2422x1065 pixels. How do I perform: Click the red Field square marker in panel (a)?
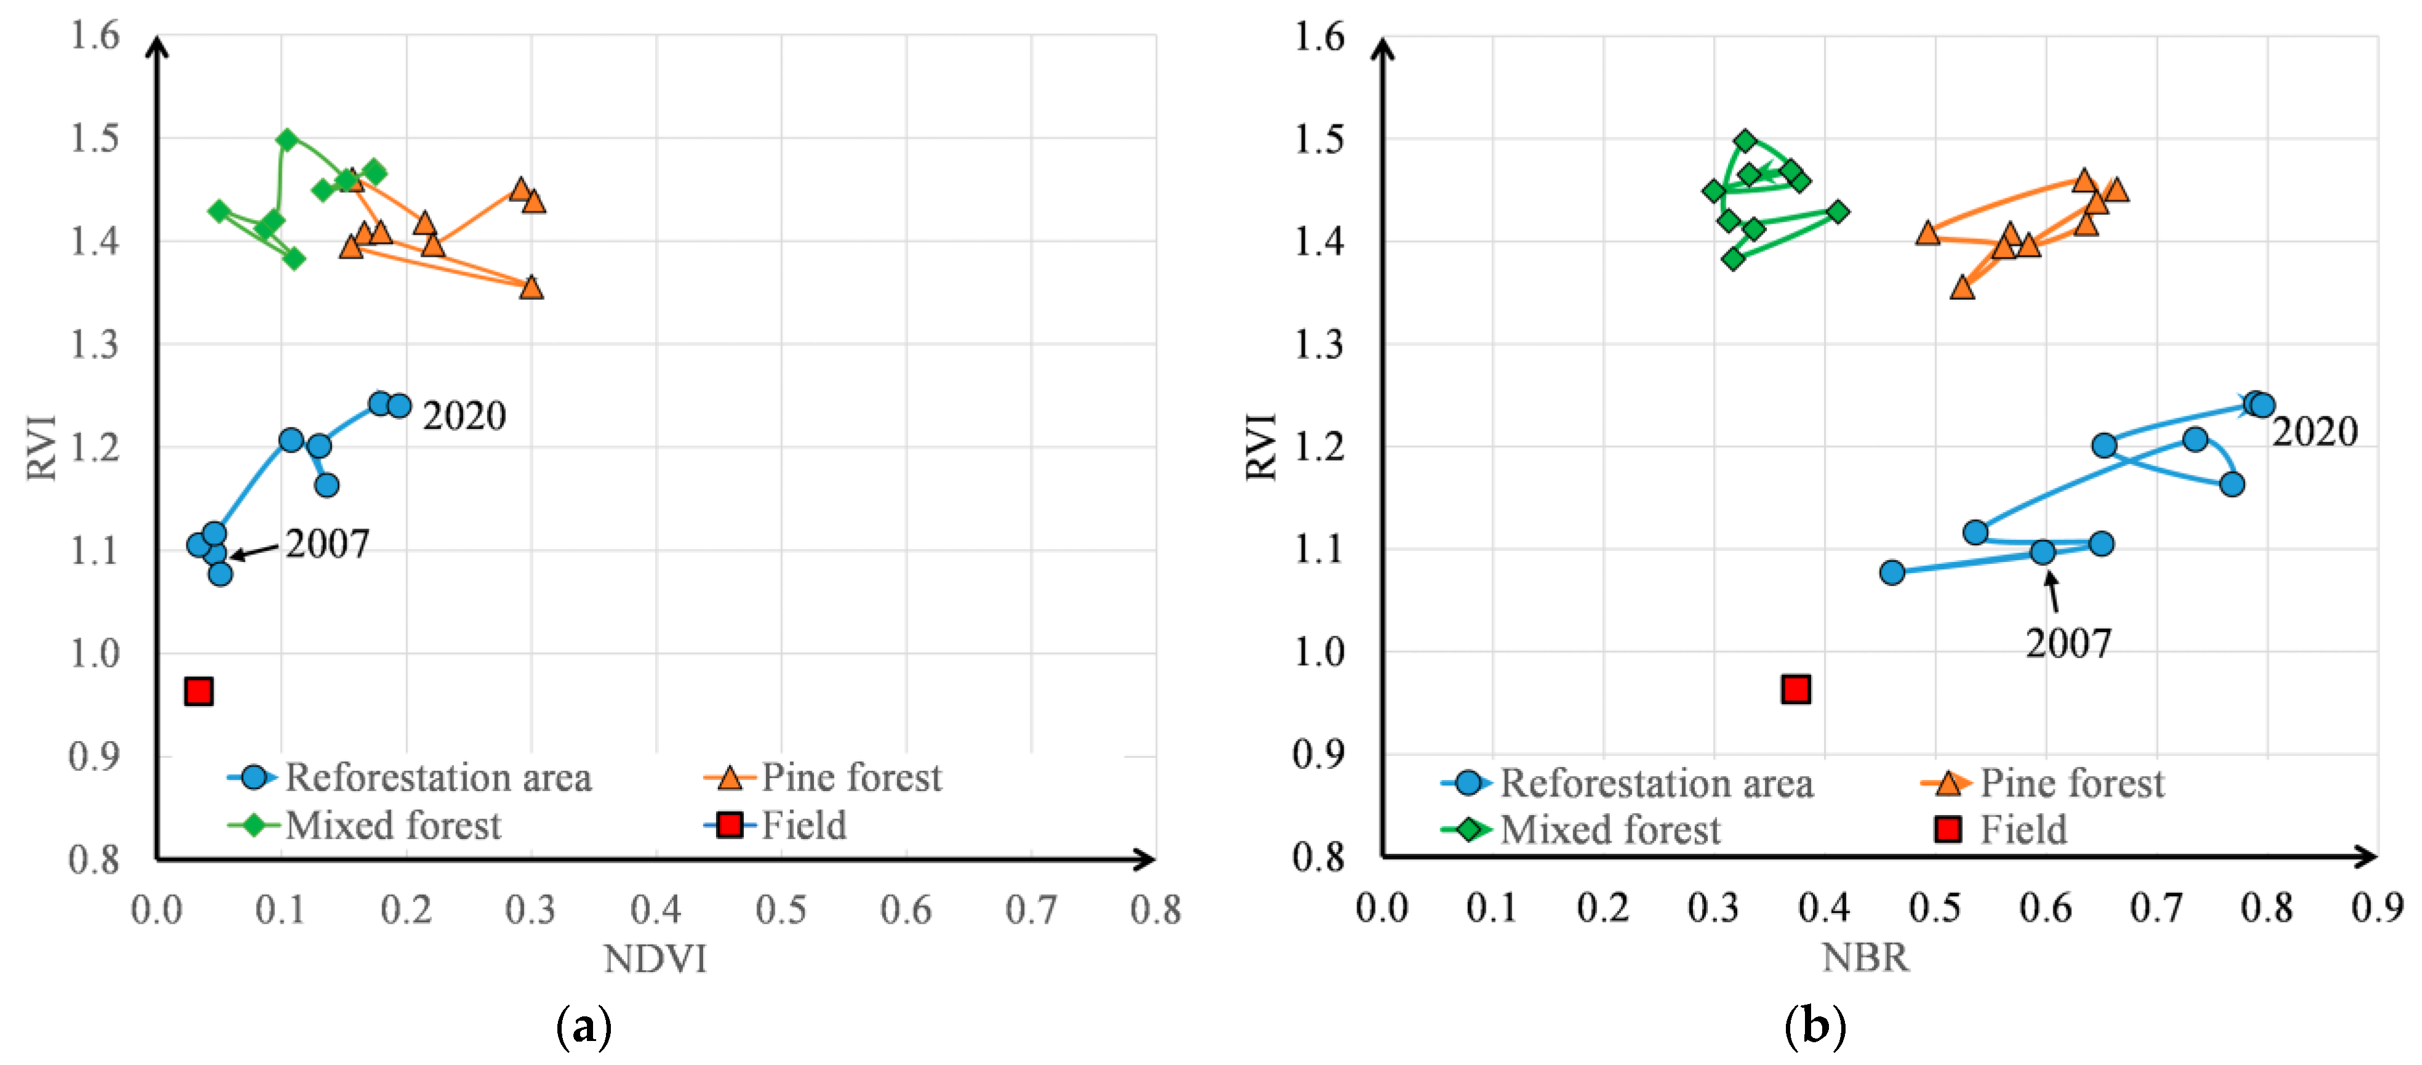tap(198, 691)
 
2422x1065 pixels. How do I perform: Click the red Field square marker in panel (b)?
tap(1795, 689)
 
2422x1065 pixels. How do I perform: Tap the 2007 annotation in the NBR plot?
tap(2068, 643)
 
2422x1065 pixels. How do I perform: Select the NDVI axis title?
tap(655, 959)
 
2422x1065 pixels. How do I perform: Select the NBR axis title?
tap(1865, 957)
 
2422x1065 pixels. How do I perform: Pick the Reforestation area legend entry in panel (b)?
tap(1655, 783)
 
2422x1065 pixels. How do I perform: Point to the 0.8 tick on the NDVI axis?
tap(1155, 910)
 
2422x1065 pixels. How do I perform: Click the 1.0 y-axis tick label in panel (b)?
tap(1318, 651)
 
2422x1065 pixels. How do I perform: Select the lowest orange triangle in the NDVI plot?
tap(532, 287)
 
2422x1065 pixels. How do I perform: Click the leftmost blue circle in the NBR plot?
tap(1892, 572)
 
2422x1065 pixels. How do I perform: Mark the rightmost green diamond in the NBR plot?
tap(1837, 212)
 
